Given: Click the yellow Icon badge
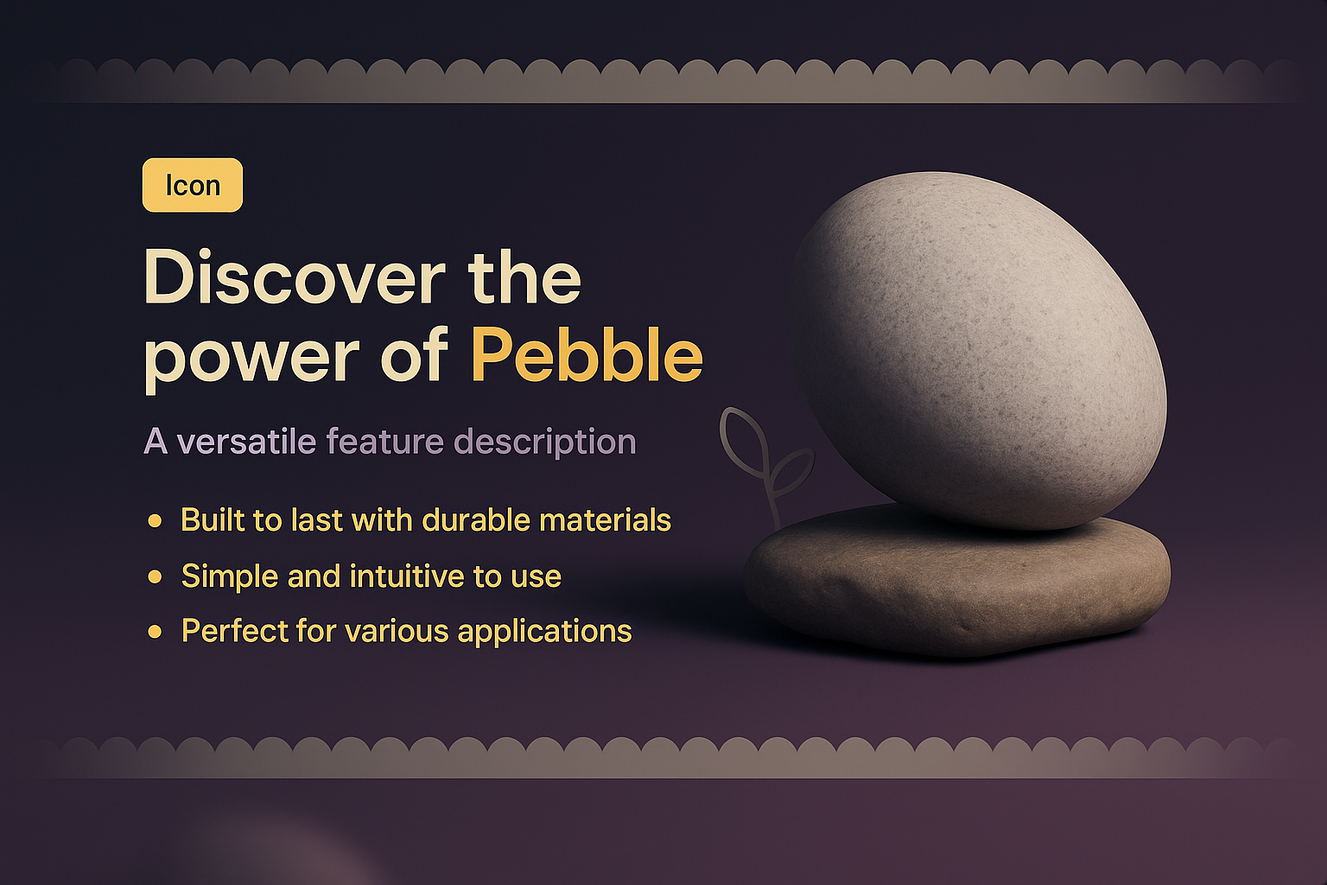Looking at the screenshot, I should coord(192,185).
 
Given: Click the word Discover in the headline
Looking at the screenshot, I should coord(294,277).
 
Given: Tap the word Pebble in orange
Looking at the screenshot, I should coord(587,355).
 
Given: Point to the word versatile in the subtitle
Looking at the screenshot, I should coord(246,442).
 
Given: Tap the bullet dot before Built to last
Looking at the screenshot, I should coord(156,521).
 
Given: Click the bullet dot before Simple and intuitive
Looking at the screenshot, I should coord(156,576).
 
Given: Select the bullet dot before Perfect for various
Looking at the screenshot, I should coord(156,632).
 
